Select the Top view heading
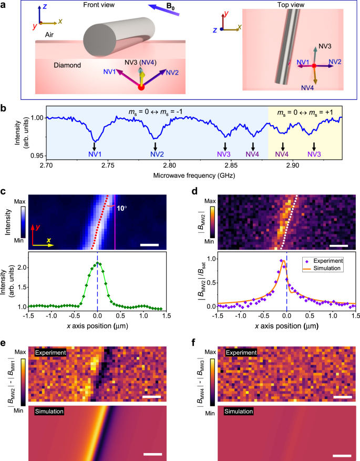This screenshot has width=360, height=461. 274,5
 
